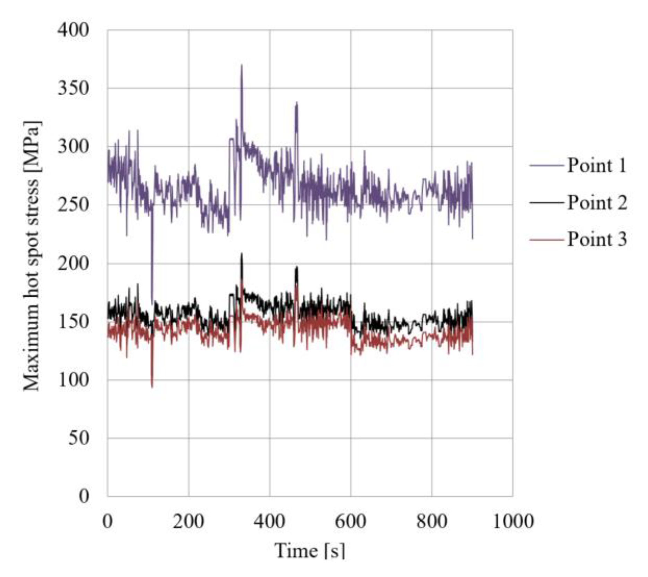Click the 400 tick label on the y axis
click(x=73, y=30)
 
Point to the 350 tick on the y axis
click(x=73, y=88)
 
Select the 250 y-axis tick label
click(x=73, y=205)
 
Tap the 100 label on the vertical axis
click(x=73, y=380)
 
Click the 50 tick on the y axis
click(x=78, y=438)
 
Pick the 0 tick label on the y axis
click(x=84, y=496)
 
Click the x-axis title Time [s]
click(x=310, y=551)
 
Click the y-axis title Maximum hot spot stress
click(x=32, y=256)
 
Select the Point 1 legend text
click(x=597, y=165)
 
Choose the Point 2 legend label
click(x=597, y=202)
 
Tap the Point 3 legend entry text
click(x=597, y=239)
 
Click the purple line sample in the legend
click(x=546, y=166)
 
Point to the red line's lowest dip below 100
click(x=152, y=386)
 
